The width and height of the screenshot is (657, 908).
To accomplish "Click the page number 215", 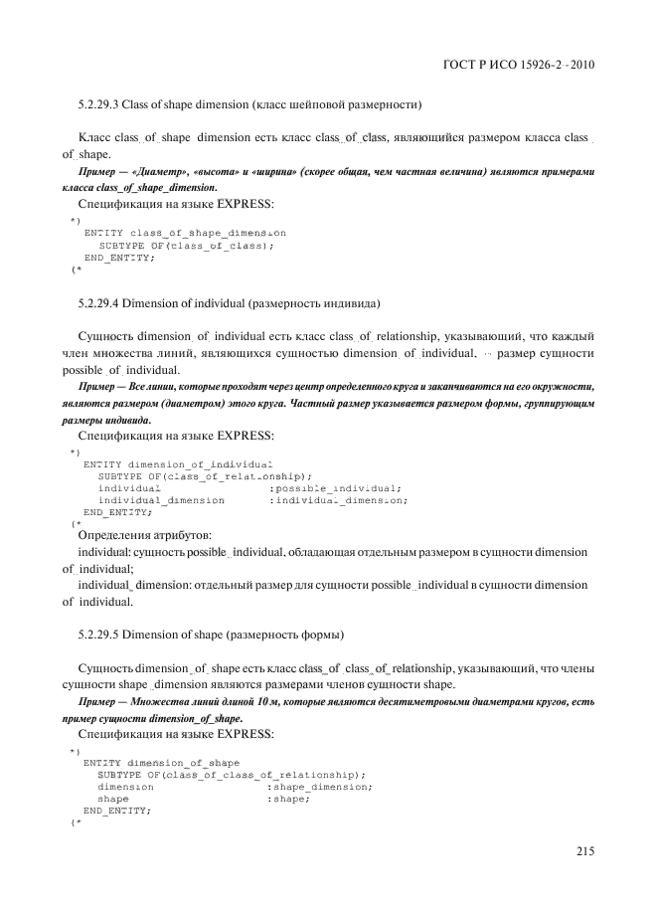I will tap(584, 850).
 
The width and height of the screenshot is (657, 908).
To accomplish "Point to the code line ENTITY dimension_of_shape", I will tap(162, 763).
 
